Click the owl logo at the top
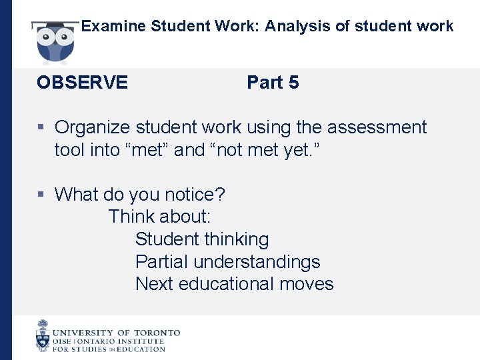pos(55,41)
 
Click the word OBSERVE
pos(82,83)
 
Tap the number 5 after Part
pos(293,83)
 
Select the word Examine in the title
pos(114,27)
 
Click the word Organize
pos(94,127)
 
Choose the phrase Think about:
pos(159,217)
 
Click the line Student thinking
pos(202,239)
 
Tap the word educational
pos(227,284)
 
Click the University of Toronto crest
pos(43,336)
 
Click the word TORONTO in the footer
pos(157,333)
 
